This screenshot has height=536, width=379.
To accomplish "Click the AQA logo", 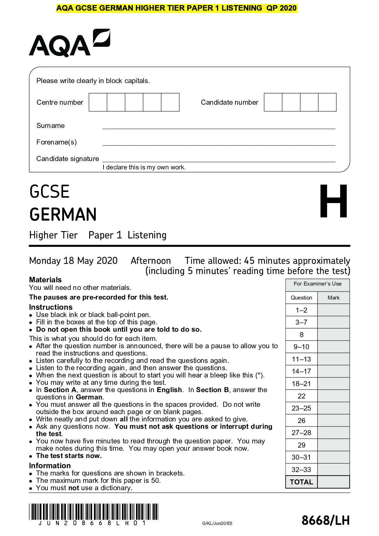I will (69, 43).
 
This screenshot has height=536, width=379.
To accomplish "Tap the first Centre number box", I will (98, 102).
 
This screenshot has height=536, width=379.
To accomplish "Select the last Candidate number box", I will (327, 102).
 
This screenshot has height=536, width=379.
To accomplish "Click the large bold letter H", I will (333, 201).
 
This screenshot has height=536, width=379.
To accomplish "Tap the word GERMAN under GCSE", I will (63, 215).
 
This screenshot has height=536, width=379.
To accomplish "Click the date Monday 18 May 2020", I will (73, 261).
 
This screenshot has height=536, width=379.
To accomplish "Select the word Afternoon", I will (151, 261).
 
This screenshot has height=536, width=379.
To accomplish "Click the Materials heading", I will (45, 280).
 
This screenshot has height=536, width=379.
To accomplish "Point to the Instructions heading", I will (51, 307).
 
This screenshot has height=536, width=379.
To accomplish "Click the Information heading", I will (50, 466).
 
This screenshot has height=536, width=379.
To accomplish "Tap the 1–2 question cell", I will (301, 310).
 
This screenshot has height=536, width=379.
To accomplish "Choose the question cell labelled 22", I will (301, 396).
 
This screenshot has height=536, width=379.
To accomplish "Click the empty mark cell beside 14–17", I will (333, 371).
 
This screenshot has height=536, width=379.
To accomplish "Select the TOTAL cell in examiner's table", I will (301, 482).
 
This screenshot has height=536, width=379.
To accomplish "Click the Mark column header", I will (333, 298).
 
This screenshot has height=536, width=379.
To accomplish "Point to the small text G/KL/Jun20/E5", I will (217, 523).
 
